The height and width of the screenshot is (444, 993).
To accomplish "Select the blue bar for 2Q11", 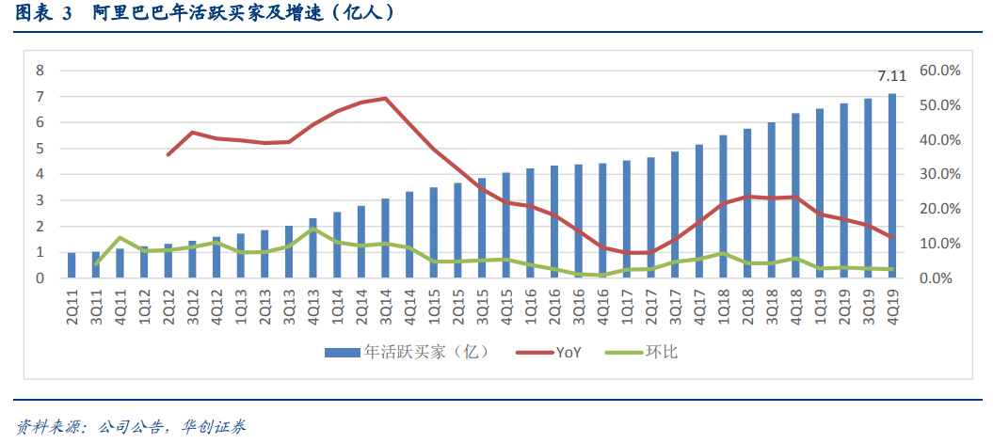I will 72,265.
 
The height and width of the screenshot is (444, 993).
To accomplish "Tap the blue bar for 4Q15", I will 505,226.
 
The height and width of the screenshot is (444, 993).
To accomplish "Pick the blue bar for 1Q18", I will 723,207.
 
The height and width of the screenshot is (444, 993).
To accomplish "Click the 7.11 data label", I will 891,76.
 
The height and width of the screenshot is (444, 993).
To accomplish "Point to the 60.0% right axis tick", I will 939,71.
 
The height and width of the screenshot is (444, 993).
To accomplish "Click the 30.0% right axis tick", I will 939,175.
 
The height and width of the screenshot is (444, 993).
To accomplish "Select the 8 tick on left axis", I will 40,71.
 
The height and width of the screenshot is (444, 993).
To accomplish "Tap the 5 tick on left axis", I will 40,149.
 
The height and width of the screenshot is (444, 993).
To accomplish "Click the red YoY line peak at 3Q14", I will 385,98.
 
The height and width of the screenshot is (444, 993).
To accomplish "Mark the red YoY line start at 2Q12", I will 168,154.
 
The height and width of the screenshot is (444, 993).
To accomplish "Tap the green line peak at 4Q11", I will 120,238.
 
